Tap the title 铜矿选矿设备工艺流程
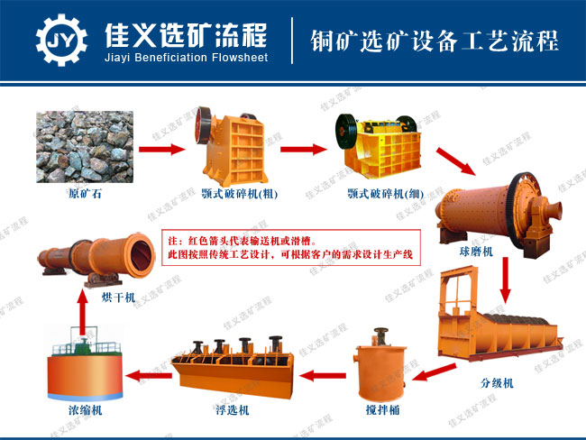click(x=434, y=41)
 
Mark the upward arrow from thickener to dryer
click(x=81, y=316)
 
